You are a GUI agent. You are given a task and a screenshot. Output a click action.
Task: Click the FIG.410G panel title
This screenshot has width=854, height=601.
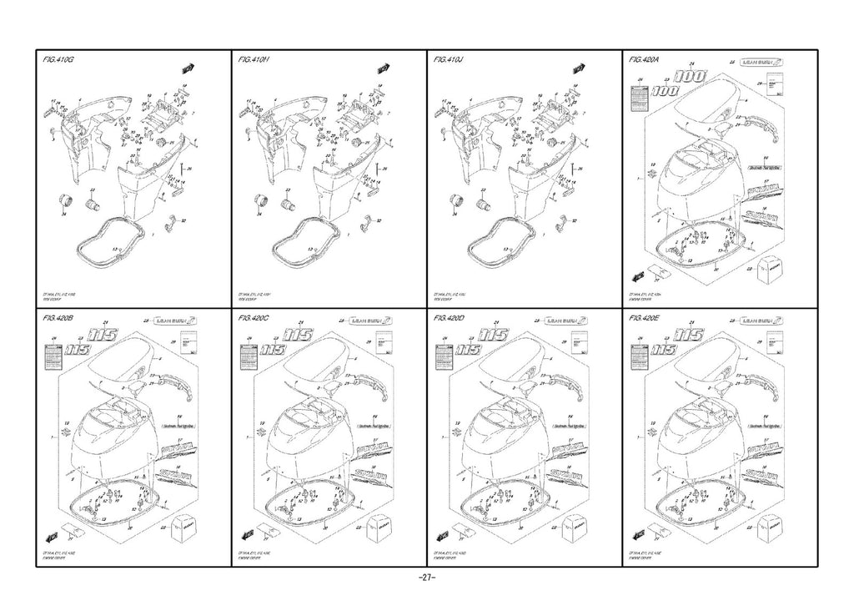tap(59, 61)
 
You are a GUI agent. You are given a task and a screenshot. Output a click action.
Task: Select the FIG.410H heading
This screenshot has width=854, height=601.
tap(254, 61)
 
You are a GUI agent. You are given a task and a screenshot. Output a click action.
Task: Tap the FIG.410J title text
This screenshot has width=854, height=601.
tap(450, 61)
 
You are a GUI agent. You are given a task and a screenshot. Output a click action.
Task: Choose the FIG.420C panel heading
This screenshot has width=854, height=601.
tap(255, 319)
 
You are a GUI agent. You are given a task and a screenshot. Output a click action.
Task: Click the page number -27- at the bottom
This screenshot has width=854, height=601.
tap(426, 578)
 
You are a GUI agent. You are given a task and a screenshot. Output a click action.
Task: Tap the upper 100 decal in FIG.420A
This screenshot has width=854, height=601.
tap(691, 76)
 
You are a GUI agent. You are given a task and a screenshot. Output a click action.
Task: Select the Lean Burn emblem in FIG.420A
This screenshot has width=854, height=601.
tap(762, 63)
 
